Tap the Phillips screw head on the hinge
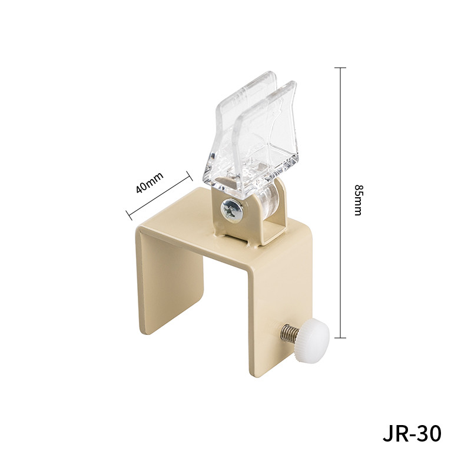tap(231, 210)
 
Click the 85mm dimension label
tap(358, 200)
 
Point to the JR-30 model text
tap(412, 434)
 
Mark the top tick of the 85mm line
tap(340, 68)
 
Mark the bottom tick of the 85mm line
tap(340, 337)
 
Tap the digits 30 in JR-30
tap(428, 434)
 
